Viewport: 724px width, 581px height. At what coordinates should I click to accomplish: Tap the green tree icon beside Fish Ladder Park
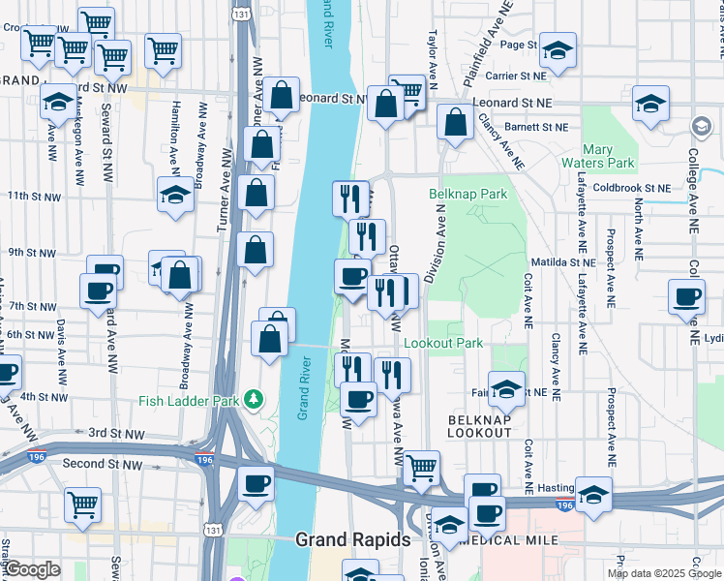(254, 398)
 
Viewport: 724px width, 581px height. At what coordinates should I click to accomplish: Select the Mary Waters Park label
(611, 156)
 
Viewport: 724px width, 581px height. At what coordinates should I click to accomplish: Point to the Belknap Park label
(468, 194)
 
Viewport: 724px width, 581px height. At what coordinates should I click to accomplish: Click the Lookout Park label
(442, 343)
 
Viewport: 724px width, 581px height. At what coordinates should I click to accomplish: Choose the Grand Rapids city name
(352, 539)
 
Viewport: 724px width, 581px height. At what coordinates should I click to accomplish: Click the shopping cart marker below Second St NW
(83, 504)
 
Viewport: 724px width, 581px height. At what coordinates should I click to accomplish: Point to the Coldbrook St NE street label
(631, 188)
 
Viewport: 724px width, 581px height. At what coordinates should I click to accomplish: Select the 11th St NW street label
(34, 197)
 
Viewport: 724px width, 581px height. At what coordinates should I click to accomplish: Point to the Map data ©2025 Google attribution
(664, 572)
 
